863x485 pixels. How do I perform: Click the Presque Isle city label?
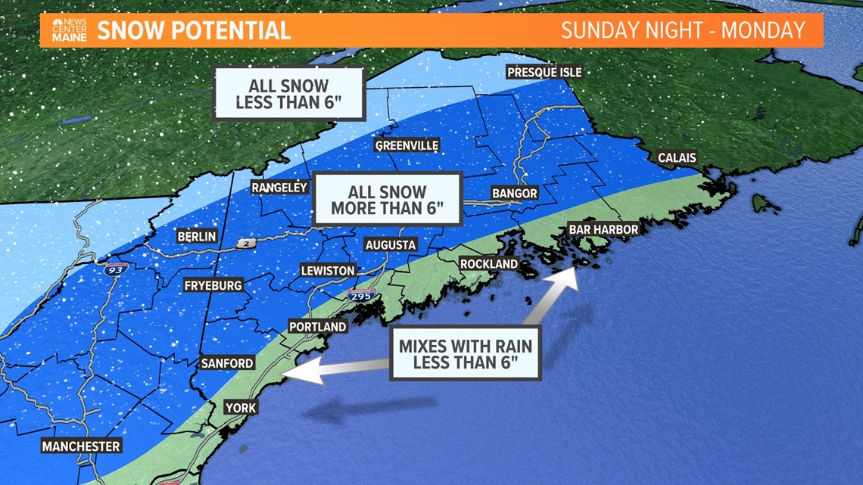click(x=544, y=72)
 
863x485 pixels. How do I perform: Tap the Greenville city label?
click(x=407, y=145)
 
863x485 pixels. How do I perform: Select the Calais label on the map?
click(x=677, y=158)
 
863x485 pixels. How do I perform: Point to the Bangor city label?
click(x=514, y=193)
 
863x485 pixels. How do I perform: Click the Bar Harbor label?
click(x=603, y=229)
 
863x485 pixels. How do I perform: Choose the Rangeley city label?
click(x=280, y=187)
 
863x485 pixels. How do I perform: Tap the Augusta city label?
click(x=391, y=244)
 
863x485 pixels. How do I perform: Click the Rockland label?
click(x=489, y=264)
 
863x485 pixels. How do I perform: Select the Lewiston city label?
click(x=328, y=270)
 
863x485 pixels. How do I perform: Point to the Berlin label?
click(x=197, y=237)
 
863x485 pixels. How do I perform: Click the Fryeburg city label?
click(x=213, y=285)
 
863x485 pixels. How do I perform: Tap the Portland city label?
click(x=318, y=327)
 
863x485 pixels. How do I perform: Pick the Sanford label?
click(x=227, y=363)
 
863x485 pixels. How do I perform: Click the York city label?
click(x=241, y=408)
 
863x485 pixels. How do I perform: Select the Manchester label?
click(x=81, y=446)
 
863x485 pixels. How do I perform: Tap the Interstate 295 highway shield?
click(x=360, y=296)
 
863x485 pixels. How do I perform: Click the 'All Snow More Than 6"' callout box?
click(x=388, y=200)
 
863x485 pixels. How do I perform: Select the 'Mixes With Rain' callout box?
click(x=465, y=353)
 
